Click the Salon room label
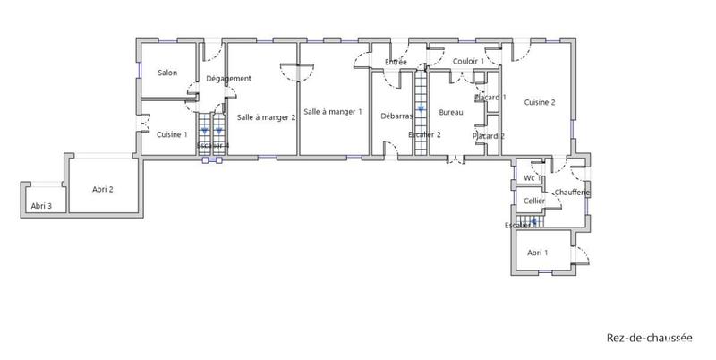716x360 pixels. [166, 73]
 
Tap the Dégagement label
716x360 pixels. [228, 79]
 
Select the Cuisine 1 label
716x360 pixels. [172, 135]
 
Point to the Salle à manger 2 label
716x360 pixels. [266, 116]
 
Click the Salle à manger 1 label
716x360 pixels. [332, 112]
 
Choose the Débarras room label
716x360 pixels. [396, 116]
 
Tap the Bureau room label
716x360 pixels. [451, 112]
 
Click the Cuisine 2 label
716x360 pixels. [540, 103]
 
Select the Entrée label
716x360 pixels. [396, 62]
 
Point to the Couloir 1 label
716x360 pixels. [468, 61]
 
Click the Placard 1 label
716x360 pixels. [490, 97]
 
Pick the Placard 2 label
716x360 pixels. [489, 136]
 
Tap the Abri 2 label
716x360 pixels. [102, 189]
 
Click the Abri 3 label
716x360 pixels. [41, 206]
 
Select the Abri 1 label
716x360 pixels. [538, 253]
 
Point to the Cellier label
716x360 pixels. [534, 201]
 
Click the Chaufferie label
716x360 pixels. [570, 193]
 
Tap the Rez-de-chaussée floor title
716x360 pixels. [650, 339]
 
